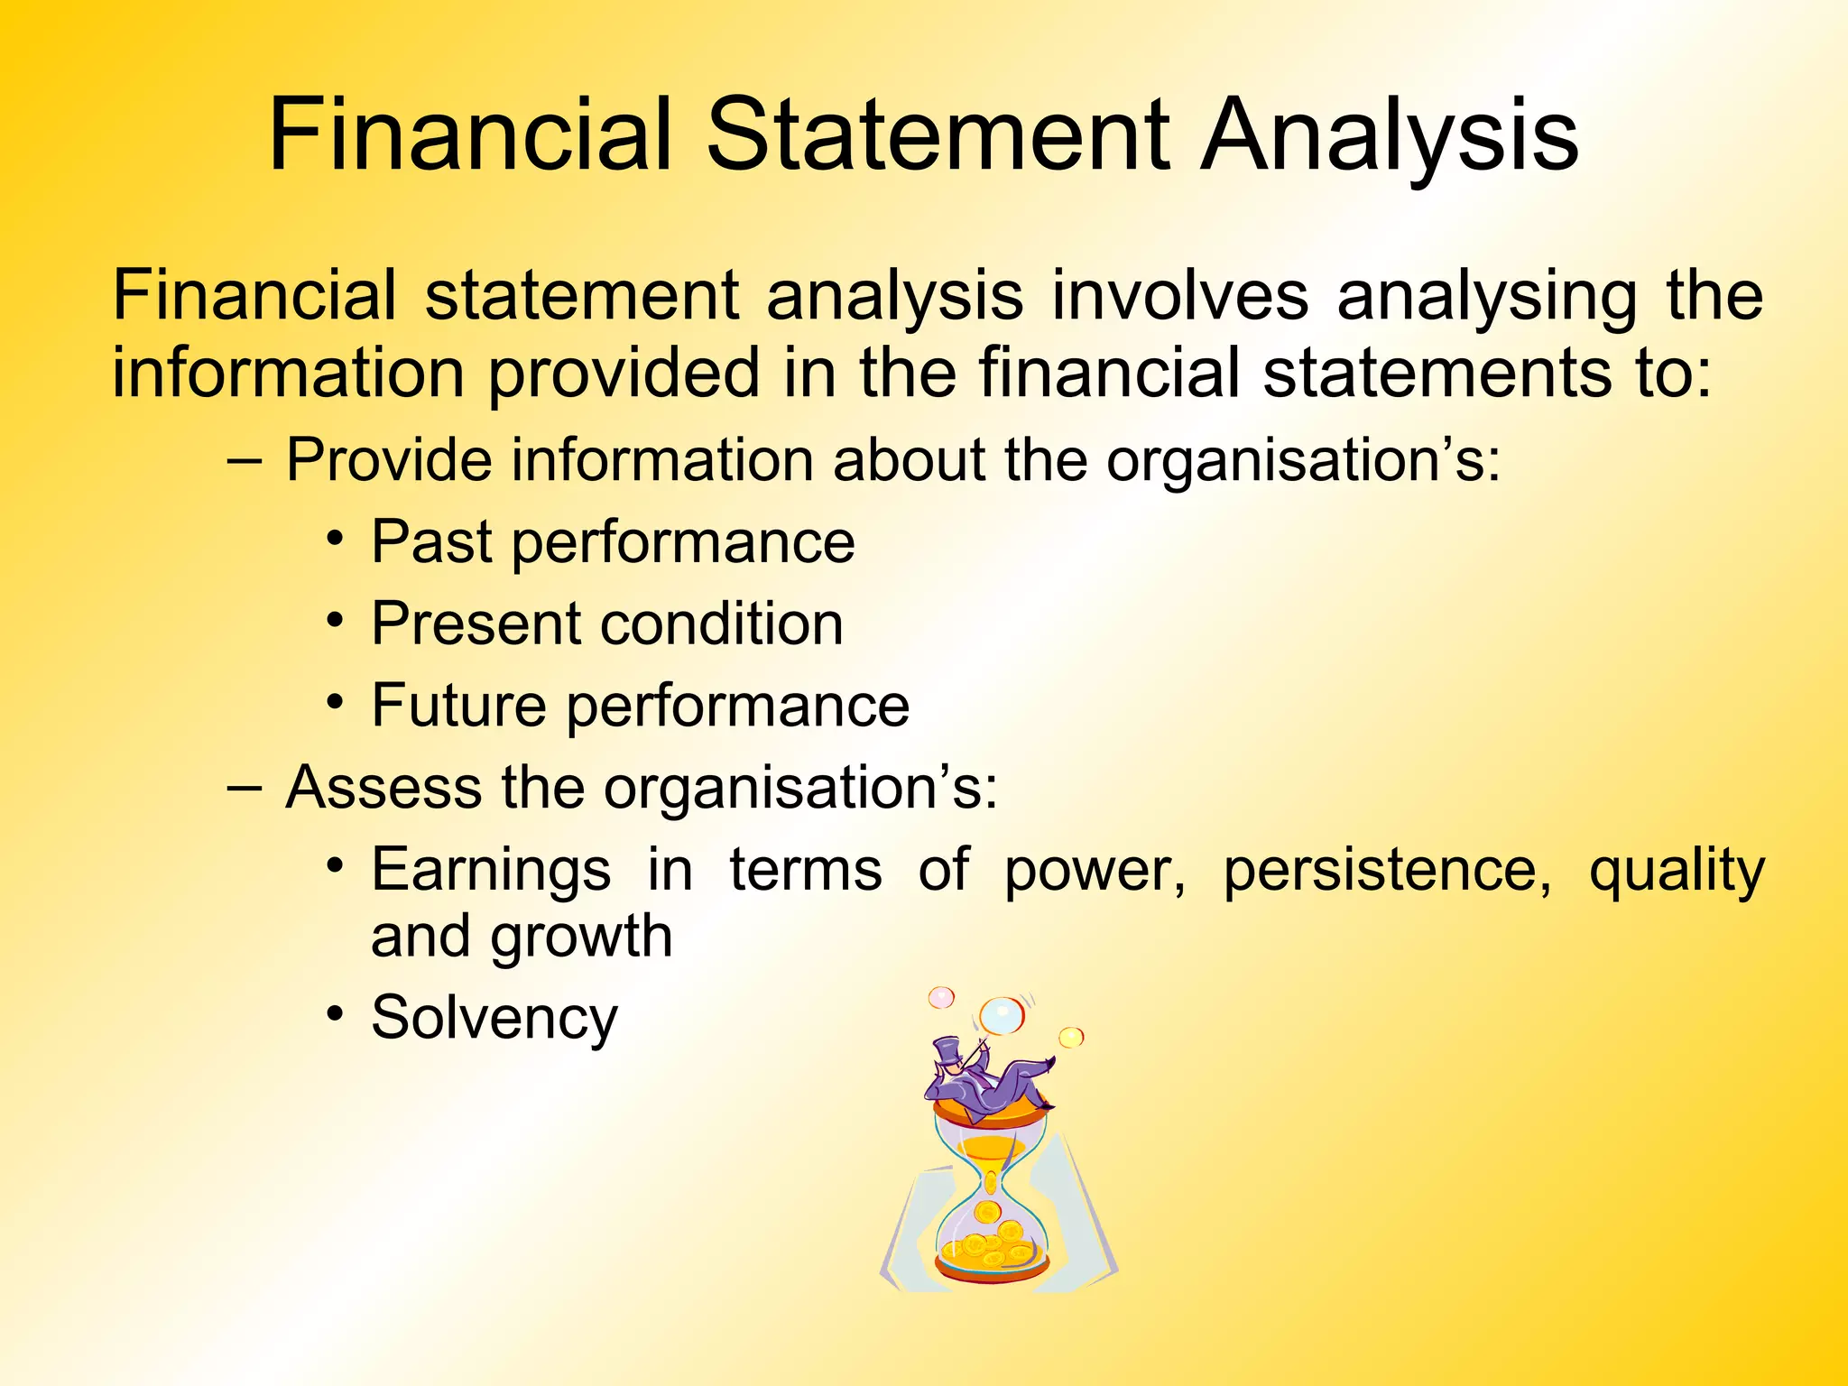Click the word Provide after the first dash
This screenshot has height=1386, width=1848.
click(x=389, y=460)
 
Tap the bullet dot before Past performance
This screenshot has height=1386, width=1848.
click(x=336, y=539)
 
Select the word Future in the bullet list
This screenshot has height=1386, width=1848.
click(x=458, y=706)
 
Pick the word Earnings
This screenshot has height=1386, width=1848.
click(x=491, y=872)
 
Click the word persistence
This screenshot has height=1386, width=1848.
click(x=1388, y=870)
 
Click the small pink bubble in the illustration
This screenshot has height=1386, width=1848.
click(x=941, y=997)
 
